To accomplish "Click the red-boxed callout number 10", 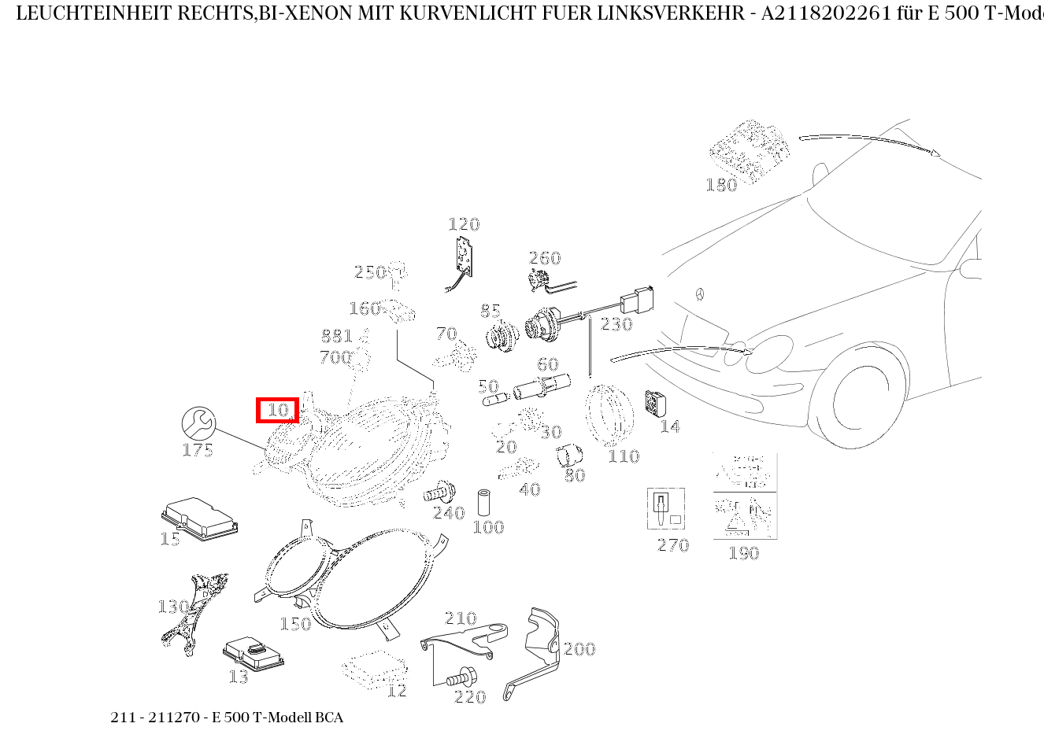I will pos(278,410).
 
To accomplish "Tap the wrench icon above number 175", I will pos(198,423).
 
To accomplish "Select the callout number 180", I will pos(721,185).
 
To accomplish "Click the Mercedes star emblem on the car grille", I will pos(698,295).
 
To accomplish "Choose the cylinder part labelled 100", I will pos(485,502).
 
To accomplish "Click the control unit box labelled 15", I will pos(199,517).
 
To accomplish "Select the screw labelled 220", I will pos(460,676).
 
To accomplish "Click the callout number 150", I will pos(295,625).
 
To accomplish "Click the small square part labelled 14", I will pos(655,404).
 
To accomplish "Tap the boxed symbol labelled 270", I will pos(666,508).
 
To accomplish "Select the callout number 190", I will pos(743,553).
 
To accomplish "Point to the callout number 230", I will pos(616,324).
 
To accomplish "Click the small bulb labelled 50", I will pos(494,400).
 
